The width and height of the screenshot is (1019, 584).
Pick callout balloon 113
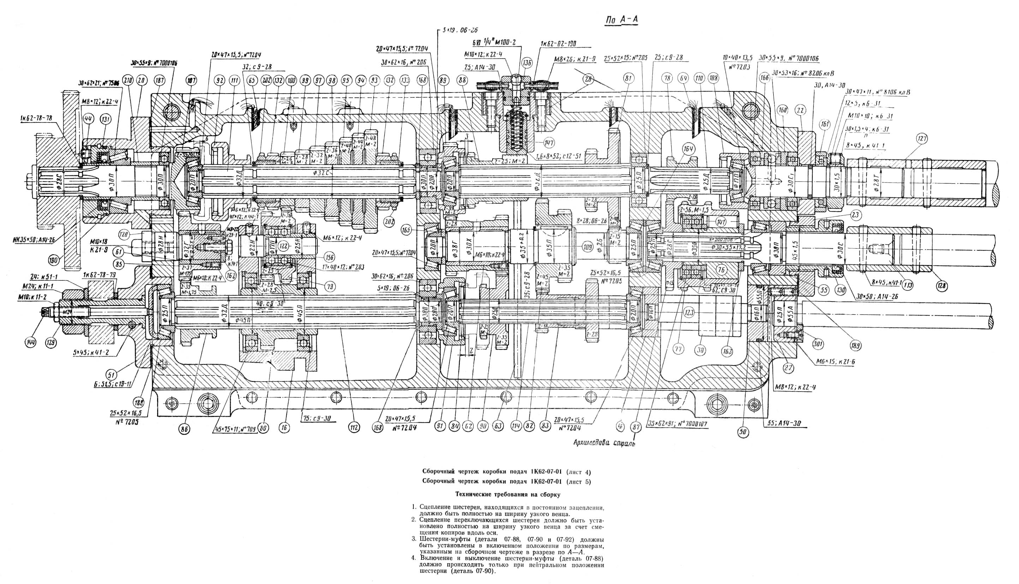(907, 286)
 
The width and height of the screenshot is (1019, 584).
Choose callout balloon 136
(526, 63)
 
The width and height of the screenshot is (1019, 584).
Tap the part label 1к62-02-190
(558, 44)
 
